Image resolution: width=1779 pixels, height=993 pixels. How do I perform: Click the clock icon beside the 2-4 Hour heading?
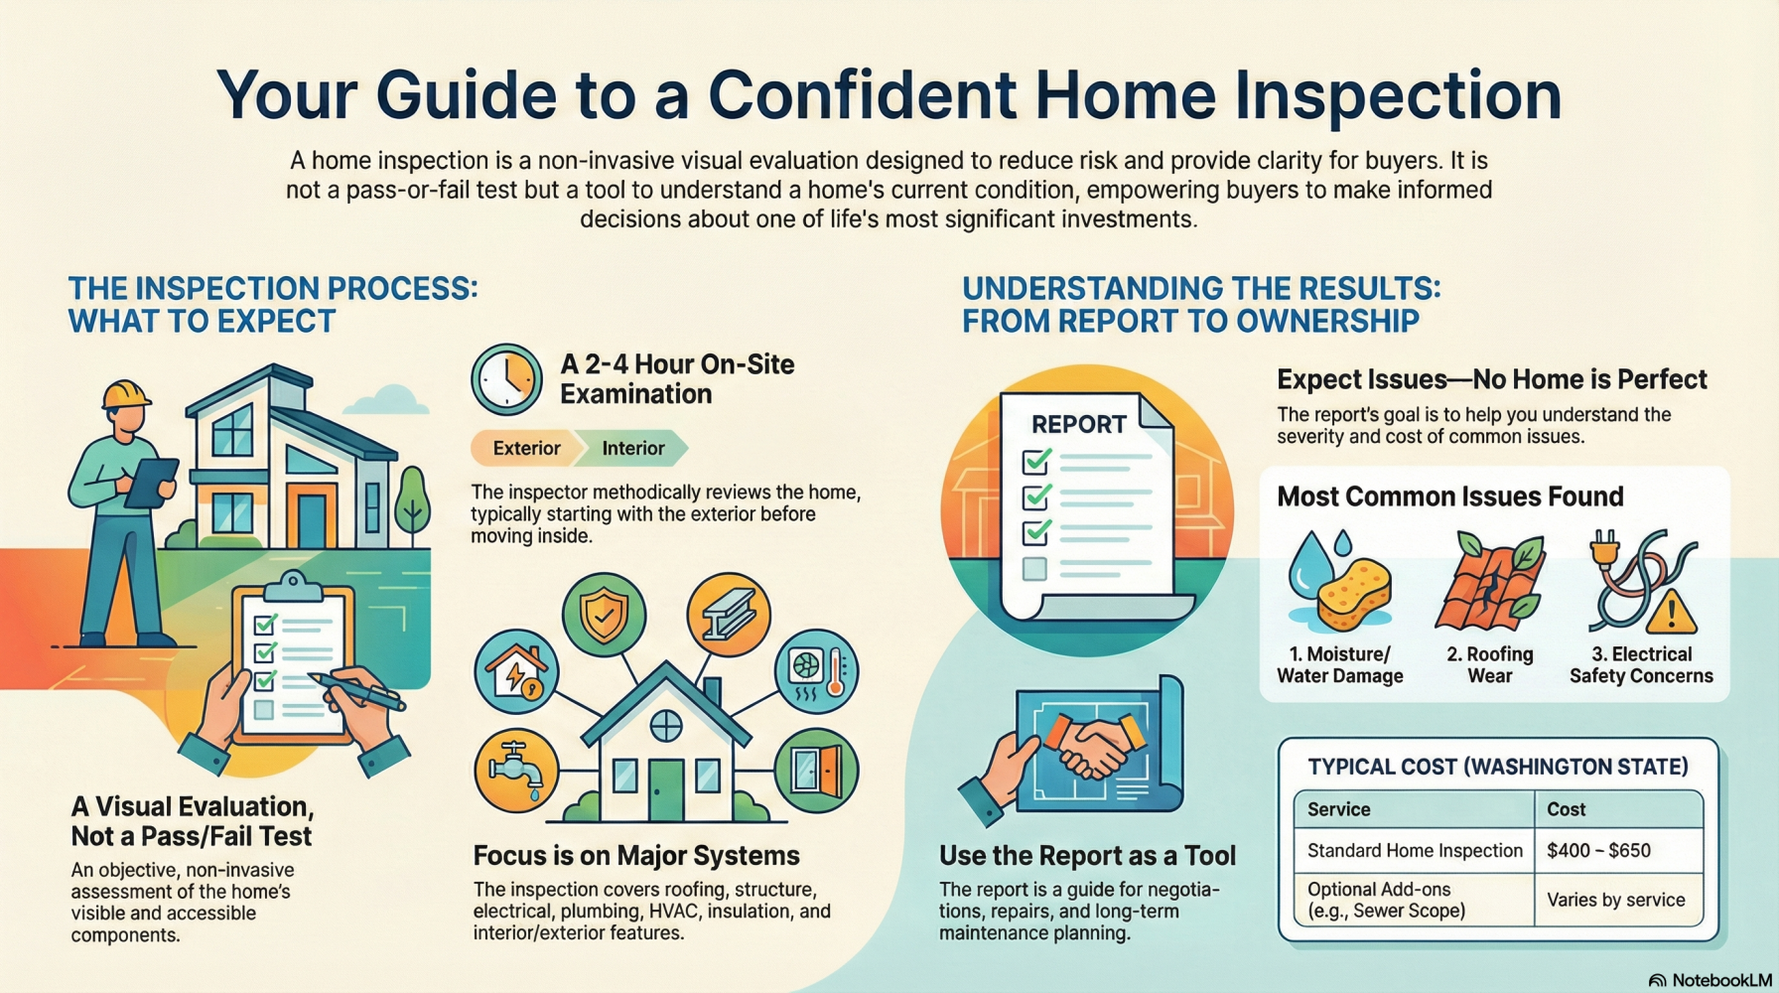point(506,379)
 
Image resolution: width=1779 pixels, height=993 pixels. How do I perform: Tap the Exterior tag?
point(526,449)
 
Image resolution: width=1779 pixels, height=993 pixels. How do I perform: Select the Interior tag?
point(633,449)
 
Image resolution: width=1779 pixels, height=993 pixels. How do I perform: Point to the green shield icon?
point(604,616)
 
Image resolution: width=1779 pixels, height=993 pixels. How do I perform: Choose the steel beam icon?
point(729,615)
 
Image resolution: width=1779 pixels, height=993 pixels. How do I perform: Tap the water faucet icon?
point(516,771)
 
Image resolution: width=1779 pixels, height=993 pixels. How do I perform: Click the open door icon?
point(816,771)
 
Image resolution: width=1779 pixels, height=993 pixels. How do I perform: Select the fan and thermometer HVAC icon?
point(816,671)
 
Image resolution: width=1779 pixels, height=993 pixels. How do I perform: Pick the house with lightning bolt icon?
point(516,671)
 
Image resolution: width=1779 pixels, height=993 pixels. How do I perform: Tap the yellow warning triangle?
point(1672,612)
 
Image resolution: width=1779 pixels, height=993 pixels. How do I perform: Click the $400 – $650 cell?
point(1599,851)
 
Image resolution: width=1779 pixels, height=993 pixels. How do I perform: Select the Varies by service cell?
point(1616,901)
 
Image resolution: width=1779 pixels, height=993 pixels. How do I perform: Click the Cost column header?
point(1567,809)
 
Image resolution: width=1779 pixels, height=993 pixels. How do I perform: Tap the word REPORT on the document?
point(1079,425)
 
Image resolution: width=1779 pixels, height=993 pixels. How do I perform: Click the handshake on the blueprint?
point(1091,744)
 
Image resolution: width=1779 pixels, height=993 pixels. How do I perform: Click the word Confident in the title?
point(862,95)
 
